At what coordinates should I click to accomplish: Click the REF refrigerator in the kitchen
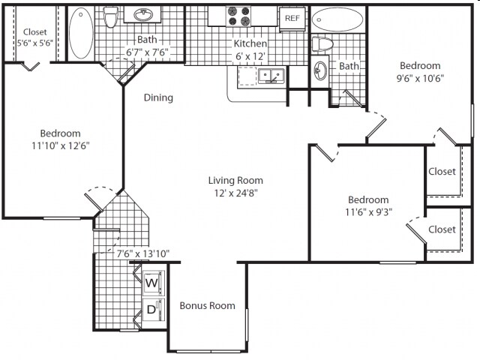click(x=292, y=19)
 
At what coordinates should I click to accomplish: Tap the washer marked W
click(x=154, y=283)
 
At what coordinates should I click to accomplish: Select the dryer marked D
click(x=154, y=310)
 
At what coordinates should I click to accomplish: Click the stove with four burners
click(x=238, y=16)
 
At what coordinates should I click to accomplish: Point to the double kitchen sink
click(x=271, y=75)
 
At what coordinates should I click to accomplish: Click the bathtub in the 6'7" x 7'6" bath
click(x=81, y=33)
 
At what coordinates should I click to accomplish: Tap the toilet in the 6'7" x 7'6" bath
click(x=109, y=16)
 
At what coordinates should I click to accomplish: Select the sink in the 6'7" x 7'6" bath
click(x=143, y=14)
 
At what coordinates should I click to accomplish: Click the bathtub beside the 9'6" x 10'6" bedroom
click(x=337, y=19)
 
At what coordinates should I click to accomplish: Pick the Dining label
click(x=158, y=97)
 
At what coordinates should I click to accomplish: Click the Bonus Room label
click(x=207, y=305)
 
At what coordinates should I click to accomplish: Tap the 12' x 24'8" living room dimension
click(x=235, y=193)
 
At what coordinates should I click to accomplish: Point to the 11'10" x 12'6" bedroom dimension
click(x=60, y=145)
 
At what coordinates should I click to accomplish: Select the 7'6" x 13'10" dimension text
click(x=143, y=253)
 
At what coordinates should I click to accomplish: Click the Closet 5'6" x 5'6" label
click(x=35, y=37)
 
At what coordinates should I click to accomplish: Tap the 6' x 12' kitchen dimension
click(x=250, y=56)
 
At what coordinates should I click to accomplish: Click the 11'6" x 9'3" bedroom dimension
click(x=368, y=212)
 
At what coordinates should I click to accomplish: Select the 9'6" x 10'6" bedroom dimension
click(x=420, y=78)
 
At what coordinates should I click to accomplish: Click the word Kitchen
click(x=250, y=43)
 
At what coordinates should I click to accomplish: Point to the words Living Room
click(x=235, y=180)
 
